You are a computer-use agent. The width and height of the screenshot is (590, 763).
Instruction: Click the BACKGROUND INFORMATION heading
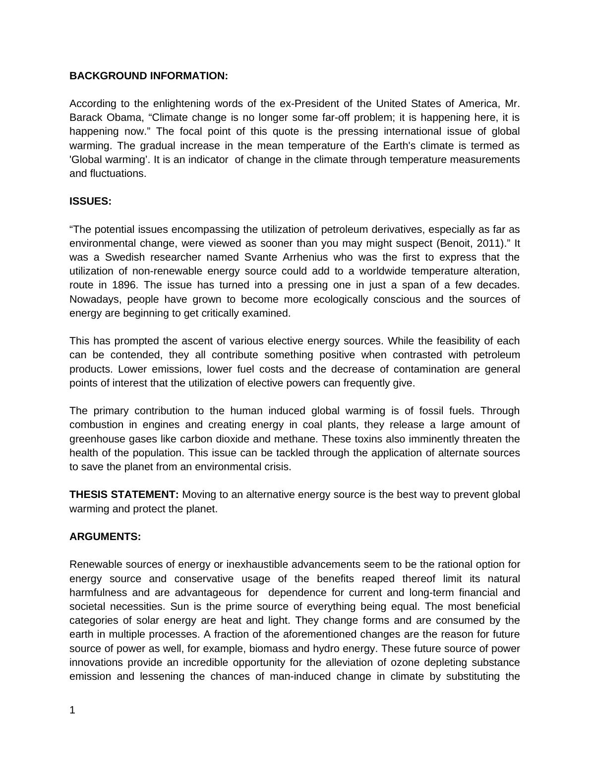(x=148, y=76)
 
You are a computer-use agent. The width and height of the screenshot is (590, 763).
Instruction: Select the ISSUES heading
(x=90, y=201)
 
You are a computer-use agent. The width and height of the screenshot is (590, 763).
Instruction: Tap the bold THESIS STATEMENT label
(x=124, y=494)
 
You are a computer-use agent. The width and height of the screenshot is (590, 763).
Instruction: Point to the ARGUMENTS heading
(x=105, y=537)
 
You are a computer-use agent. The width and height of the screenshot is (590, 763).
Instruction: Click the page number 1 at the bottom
(x=72, y=710)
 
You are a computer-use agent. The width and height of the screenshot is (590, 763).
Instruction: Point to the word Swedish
(x=125, y=257)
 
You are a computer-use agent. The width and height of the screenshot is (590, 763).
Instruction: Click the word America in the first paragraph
(x=478, y=104)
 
